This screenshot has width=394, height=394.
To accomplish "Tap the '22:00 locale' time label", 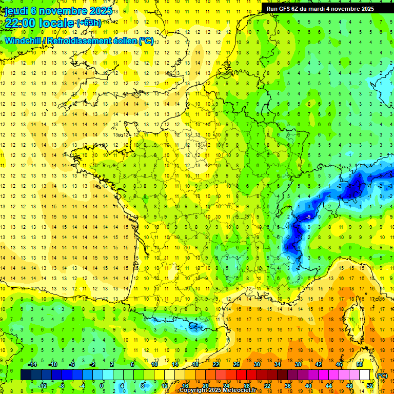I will click(x=39, y=23).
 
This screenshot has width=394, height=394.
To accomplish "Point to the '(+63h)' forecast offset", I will click(x=89, y=23).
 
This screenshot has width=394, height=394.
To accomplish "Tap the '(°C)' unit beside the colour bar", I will click(x=382, y=376).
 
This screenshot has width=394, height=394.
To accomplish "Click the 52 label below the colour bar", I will click(x=370, y=386).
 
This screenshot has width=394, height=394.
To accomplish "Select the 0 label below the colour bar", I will click(x=102, y=386).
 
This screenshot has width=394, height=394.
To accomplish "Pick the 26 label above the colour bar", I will click(x=237, y=364).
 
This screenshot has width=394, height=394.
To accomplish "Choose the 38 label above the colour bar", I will click(x=298, y=364).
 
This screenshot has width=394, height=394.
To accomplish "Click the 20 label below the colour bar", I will click(x=205, y=386).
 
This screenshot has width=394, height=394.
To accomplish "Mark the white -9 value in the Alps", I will click(x=308, y=218).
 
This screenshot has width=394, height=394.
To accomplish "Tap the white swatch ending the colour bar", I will click(x=364, y=375).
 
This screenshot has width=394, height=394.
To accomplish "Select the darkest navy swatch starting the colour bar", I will click(x=26, y=375).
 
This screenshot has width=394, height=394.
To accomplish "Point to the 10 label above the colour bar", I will click(x=154, y=364).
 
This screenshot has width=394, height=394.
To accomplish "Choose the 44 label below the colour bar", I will click(x=329, y=386).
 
